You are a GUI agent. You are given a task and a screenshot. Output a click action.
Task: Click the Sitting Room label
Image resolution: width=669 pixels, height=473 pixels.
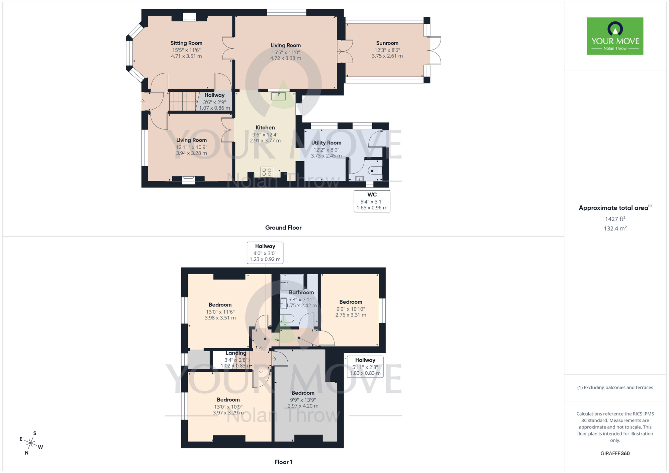pos(186,43)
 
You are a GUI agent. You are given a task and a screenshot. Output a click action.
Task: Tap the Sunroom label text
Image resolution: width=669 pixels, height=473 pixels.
pos(387,43)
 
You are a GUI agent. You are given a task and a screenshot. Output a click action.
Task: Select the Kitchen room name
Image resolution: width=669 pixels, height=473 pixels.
pos(265,127)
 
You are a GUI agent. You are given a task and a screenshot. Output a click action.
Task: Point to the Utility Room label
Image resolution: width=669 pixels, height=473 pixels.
pos(326,143)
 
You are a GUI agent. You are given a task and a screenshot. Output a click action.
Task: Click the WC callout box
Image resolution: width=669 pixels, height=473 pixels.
pos(372,201)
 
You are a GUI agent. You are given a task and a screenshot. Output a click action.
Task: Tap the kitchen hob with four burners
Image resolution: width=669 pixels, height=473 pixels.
pos(267,172)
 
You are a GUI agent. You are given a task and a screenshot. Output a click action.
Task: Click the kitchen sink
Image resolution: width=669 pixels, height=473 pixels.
pos(278,96)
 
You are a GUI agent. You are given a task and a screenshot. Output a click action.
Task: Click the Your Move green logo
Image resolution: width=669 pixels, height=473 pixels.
pos(615,36)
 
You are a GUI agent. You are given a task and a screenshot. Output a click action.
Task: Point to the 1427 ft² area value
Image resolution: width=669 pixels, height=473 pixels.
pos(615,219)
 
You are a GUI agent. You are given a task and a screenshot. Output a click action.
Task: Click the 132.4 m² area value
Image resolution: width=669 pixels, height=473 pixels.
pos(615,228)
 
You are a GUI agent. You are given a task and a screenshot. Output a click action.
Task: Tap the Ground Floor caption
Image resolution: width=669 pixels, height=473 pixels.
pos(283,228)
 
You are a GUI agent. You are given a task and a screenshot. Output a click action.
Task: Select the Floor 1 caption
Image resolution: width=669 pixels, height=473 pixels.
pos(283,462)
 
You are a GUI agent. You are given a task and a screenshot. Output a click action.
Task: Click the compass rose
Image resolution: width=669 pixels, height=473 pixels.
pos(31,443)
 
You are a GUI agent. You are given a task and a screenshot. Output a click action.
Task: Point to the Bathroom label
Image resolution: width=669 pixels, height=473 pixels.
pos(301,292)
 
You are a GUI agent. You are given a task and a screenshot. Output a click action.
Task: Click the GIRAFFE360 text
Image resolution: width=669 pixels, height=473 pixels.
pos(615,454)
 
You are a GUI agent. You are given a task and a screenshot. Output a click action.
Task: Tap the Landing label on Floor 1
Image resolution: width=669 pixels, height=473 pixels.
pos(236,353)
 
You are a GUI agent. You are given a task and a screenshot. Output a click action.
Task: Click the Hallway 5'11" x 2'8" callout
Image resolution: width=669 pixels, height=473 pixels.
pos(365,367)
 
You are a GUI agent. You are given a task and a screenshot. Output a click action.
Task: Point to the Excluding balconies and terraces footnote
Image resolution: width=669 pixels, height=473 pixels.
pos(615,388)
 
